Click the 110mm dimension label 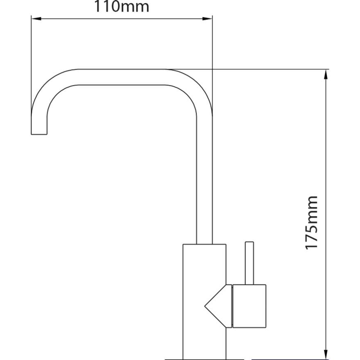pos(121,7)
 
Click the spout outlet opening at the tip pos(39,134)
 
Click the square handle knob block pos(249,306)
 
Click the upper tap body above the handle pos(204,263)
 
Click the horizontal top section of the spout pos(122,77)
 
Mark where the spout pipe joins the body pos(204,244)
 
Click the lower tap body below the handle pos(204,343)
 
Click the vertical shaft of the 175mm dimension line pos(325,150)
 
